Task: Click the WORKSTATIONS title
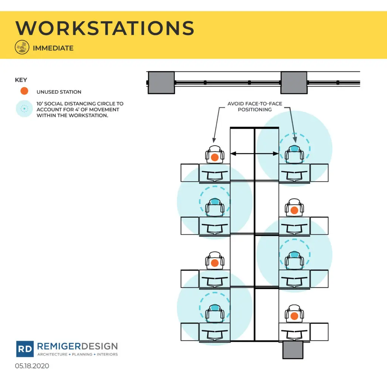coord(105,28)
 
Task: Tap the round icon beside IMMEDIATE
coord(22,47)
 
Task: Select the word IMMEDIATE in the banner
coord(53,48)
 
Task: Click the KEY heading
coord(21,80)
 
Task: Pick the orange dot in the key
coord(24,91)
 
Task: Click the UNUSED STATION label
coord(59,92)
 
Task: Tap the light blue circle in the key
coord(24,108)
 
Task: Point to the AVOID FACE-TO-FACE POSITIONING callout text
coord(255,107)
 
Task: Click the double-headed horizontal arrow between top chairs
coord(254,153)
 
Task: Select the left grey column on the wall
coord(161,83)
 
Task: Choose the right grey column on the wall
coord(294,83)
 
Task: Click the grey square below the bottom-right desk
coord(293,350)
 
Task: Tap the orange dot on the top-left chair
coord(215,158)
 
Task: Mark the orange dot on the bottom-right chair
coord(294,316)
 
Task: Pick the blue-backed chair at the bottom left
coord(215,313)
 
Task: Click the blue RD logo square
coord(25,349)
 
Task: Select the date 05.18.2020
coord(32,366)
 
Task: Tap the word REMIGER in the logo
coord(59,346)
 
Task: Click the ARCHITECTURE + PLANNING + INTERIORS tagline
coord(77,354)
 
